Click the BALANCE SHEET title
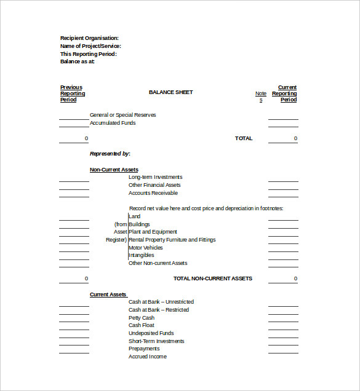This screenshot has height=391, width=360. click(170, 92)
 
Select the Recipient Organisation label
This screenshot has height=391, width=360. click(89, 38)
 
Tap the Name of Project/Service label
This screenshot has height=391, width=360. click(90, 46)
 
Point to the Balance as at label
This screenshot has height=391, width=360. click(78, 61)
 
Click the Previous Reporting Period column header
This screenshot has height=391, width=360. click(73, 93)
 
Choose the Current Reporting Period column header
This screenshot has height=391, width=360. click(285, 93)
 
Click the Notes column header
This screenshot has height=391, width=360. click(261, 97)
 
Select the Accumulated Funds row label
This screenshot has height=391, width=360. click(113, 123)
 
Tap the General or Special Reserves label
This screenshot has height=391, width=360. click(122, 115)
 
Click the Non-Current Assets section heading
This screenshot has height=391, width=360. click(114, 170)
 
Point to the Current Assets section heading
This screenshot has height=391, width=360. click(108, 294)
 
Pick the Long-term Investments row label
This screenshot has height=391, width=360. click(155, 177)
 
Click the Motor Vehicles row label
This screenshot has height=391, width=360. click(146, 248)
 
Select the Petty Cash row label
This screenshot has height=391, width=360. click(142, 318)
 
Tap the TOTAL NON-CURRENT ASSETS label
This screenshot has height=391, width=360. click(213, 278)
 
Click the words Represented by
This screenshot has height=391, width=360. click(110, 154)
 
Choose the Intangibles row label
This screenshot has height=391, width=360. click(142, 255)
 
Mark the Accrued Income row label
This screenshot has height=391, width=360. click(148, 357)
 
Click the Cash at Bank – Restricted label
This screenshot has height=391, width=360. click(159, 310)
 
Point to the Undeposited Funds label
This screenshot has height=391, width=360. click(151, 333)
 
